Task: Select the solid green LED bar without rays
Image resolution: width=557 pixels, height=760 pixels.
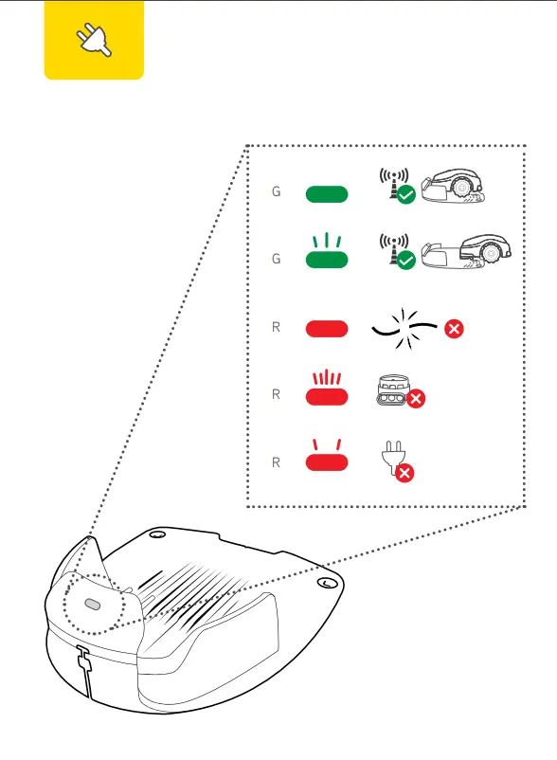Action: [327, 194]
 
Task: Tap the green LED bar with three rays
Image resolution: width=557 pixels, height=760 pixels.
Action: [327, 260]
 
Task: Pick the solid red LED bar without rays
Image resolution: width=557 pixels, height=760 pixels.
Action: [327, 329]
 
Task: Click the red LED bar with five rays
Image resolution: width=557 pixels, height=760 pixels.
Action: [327, 396]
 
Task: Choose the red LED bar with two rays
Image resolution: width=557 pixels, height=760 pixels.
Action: [327, 461]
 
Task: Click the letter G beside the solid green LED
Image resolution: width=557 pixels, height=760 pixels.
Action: [276, 192]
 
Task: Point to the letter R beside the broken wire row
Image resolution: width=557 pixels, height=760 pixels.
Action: [276, 328]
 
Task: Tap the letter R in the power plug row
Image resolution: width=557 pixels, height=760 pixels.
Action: [276, 462]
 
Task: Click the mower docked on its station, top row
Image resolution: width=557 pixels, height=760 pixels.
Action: [458, 188]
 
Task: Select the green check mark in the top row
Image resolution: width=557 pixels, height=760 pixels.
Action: [405, 195]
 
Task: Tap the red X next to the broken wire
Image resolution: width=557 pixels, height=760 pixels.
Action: [455, 329]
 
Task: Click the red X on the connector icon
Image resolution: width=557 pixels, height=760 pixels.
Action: [414, 400]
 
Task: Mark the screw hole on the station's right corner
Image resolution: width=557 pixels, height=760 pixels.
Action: [325, 582]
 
